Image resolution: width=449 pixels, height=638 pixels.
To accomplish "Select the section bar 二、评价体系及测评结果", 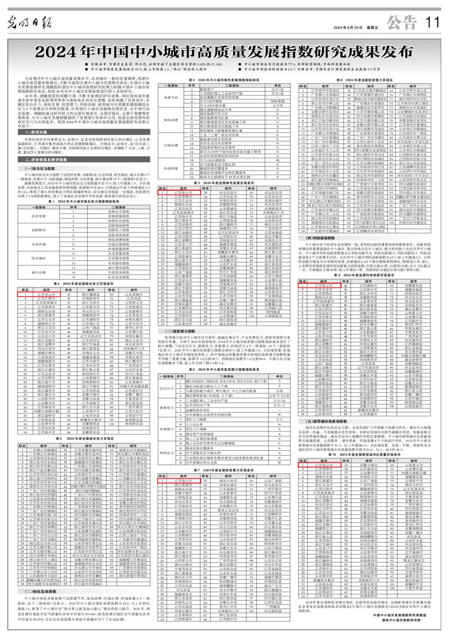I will [x=46, y=159].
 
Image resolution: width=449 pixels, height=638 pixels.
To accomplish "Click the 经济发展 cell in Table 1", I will [x=38, y=216].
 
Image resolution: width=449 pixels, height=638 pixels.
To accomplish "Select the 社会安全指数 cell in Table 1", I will [x=119, y=277].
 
